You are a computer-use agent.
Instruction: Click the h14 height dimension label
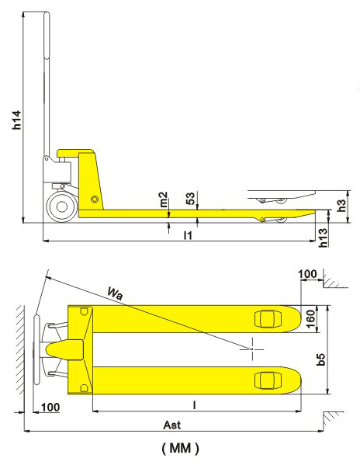(17, 120)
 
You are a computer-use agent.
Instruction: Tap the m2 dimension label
(164, 200)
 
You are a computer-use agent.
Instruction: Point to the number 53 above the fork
(191, 199)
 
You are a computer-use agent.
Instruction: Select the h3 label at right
(341, 205)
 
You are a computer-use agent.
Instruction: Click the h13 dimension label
(323, 238)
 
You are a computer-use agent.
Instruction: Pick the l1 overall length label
(188, 235)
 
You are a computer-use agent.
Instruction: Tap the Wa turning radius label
(115, 293)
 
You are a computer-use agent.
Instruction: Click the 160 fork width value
(310, 319)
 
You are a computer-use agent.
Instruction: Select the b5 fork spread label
(320, 359)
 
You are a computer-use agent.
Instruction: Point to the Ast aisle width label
(171, 425)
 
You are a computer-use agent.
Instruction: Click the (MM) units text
(181, 449)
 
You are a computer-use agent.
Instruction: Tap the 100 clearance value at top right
(307, 274)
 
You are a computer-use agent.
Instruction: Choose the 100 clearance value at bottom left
(50, 408)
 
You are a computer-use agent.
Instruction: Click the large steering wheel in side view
(62, 206)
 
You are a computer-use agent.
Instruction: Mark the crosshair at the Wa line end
(252, 349)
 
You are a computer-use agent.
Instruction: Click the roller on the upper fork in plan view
(268, 319)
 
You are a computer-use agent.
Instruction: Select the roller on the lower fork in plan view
(268, 380)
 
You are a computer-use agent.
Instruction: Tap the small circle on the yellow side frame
(95, 199)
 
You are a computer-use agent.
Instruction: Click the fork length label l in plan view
(194, 405)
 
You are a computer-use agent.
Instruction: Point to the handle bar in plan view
(36, 350)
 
